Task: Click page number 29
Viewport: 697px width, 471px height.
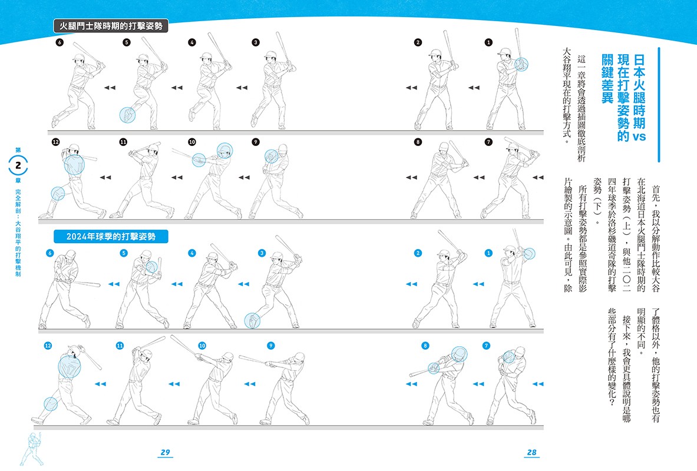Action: click(166, 452)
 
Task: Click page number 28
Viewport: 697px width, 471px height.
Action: click(531, 452)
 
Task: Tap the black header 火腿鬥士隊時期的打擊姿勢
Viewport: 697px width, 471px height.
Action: click(111, 26)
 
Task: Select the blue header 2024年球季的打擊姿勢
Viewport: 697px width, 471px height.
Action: click(111, 237)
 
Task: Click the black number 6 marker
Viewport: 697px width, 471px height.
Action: click(60, 42)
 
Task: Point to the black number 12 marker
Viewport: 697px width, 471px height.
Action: click(55, 142)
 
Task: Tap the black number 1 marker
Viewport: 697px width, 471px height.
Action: click(488, 42)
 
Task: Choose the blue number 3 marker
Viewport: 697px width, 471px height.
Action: click(262, 253)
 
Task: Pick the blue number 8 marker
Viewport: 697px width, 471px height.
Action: click(425, 345)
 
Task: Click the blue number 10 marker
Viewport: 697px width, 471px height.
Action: click(202, 345)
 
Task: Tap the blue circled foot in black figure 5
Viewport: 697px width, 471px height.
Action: click(128, 115)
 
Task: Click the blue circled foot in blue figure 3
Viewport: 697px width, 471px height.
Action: click(253, 321)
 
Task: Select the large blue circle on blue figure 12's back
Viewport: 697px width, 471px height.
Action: click(70, 367)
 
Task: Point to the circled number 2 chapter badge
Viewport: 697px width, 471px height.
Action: click(18, 165)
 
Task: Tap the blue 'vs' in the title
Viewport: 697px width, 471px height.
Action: click(639, 137)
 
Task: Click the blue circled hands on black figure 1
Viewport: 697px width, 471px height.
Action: click(521, 64)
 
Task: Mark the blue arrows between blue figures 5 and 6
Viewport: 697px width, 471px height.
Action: click(114, 284)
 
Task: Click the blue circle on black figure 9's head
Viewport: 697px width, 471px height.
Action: click(271, 157)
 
